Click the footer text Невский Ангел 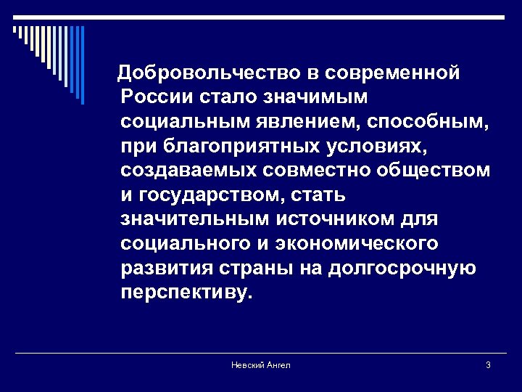click(x=260, y=364)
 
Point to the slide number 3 click(x=489, y=364)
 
